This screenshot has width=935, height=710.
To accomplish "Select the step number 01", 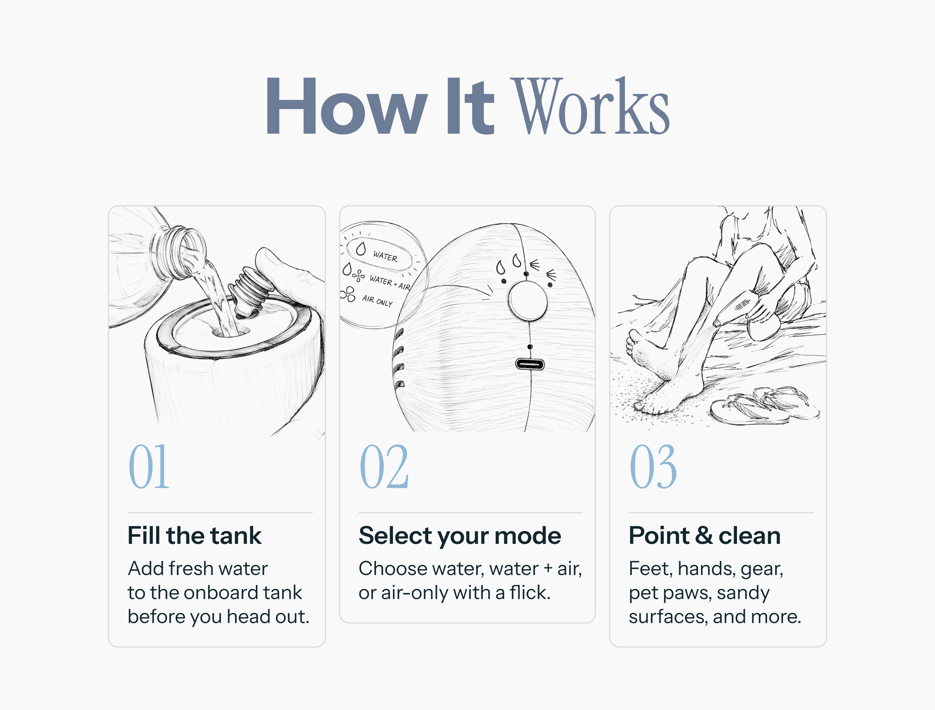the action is (x=149, y=466).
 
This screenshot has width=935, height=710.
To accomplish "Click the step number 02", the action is (x=384, y=466).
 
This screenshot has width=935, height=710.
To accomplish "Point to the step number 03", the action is (x=653, y=466).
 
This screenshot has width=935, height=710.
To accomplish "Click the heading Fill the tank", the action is (x=194, y=535).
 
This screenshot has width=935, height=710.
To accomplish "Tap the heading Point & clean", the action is (x=704, y=535).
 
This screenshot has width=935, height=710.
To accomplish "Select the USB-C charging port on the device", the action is (x=530, y=364).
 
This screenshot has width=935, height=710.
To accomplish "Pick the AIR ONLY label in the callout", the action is (x=377, y=300).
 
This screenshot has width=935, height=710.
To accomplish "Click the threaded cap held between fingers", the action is (x=249, y=292).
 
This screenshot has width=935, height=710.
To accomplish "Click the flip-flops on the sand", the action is (x=765, y=405).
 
